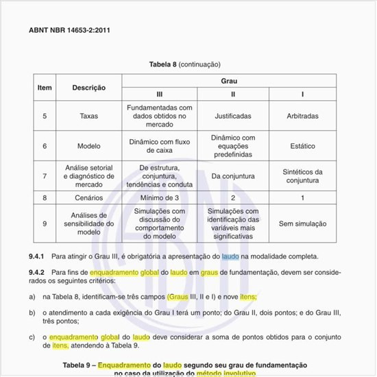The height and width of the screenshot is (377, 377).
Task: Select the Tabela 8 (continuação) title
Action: (184, 64)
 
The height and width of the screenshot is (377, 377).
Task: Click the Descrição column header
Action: (88, 88)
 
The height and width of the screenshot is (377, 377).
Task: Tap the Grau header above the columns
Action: (229, 81)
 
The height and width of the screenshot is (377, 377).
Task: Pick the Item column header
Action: (45, 88)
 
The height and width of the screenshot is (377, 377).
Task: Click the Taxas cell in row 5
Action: (88, 116)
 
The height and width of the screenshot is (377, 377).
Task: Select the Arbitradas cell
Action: (302, 116)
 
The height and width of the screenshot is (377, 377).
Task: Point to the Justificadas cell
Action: (233, 116)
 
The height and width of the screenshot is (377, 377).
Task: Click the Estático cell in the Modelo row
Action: (302, 146)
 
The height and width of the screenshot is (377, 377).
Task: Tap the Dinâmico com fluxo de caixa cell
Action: (160, 146)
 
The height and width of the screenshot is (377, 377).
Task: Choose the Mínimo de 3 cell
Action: (160, 197)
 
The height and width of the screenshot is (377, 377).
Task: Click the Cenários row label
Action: (88, 197)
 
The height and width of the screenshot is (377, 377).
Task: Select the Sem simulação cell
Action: (302, 223)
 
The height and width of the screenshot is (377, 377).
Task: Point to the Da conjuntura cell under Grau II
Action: (233, 176)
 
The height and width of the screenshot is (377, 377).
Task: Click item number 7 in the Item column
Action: (45, 176)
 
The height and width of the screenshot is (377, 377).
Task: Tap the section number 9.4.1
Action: (36, 256)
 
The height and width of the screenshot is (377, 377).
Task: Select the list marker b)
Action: (32, 313)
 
